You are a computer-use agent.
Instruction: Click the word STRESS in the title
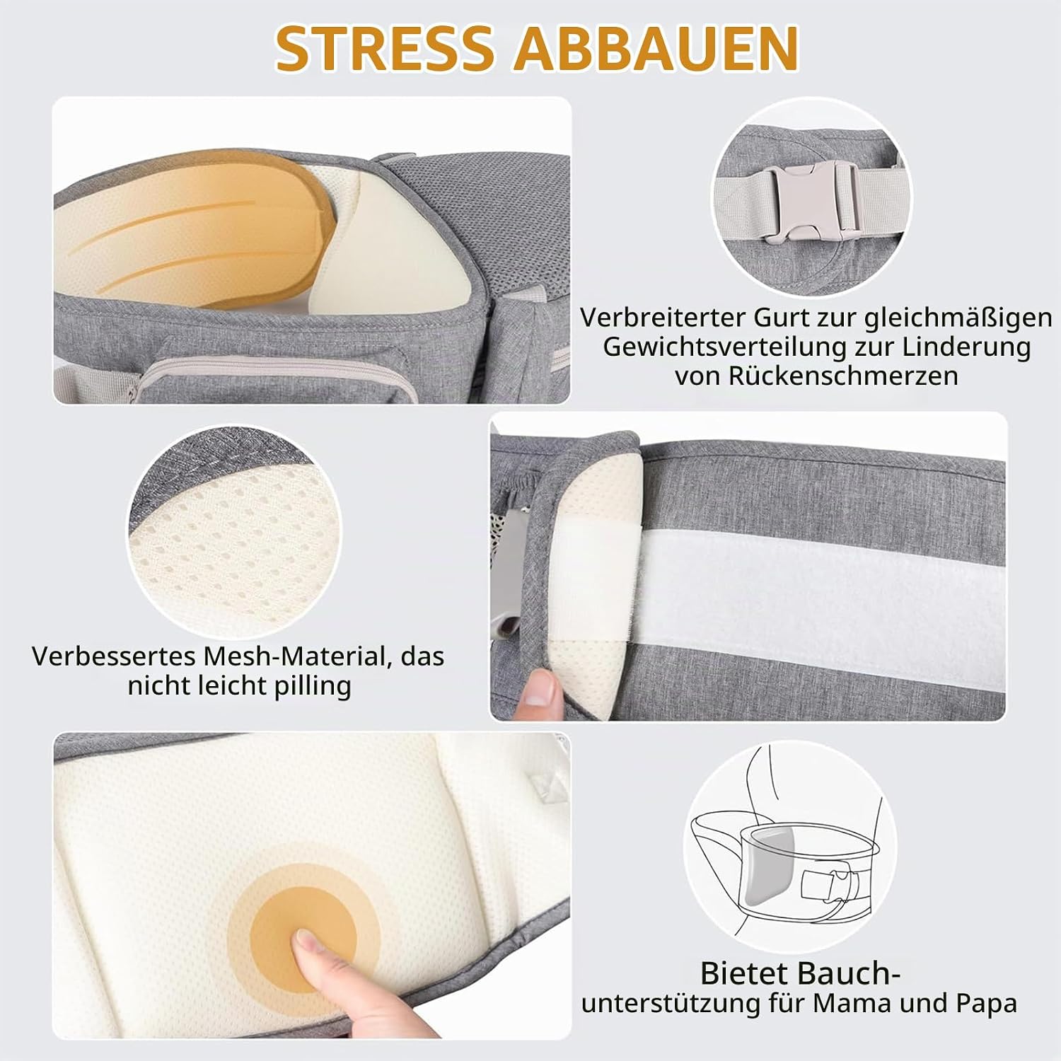[x=385, y=48]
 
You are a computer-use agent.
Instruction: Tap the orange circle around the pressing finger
[x=305, y=920]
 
